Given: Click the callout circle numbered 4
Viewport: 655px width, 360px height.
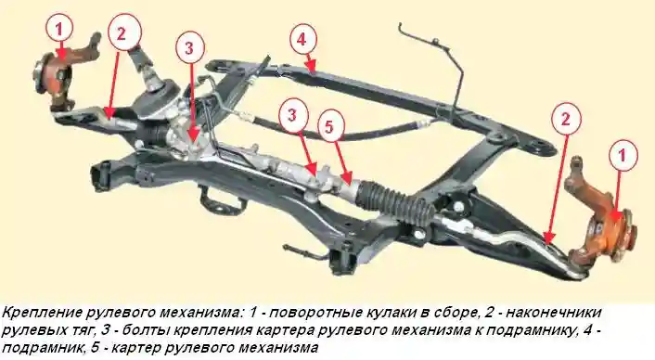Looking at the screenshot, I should (x=302, y=39).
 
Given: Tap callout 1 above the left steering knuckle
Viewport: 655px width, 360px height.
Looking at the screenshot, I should (x=59, y=30).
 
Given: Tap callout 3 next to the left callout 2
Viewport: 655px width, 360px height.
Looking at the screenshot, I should (x=188, y=46).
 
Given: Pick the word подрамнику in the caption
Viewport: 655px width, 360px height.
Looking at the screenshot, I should (x=533, y=330).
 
